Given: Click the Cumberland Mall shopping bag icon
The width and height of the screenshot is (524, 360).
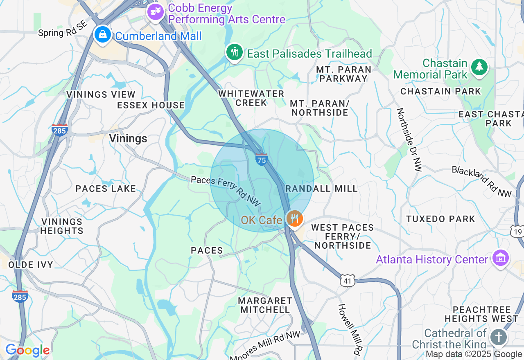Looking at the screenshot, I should [103, 35].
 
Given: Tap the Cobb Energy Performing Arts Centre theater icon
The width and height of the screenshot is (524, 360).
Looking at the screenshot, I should [155, 12].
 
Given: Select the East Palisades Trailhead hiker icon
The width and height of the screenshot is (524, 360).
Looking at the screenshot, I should [234, 53].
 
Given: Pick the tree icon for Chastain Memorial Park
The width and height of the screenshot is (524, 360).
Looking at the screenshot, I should [479, 67].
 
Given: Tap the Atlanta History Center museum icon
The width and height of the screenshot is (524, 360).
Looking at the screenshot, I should [500, 259].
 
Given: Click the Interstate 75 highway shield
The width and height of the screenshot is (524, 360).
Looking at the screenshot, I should [261, 160].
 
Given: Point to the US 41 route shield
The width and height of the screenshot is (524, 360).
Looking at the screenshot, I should [347, 281].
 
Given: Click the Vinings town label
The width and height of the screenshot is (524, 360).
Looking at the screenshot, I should [128, 139].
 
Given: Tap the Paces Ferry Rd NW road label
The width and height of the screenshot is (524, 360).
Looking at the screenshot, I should [226, 191].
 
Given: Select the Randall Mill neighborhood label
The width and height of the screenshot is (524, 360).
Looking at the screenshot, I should [321, 189].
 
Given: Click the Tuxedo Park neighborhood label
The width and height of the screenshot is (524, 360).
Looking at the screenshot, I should [440, 219].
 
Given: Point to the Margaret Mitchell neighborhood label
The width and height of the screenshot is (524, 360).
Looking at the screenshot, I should [265, 305].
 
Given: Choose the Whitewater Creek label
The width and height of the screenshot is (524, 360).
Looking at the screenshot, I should [251, 98].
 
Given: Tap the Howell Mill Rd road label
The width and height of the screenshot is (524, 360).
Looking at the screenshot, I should [350, 329].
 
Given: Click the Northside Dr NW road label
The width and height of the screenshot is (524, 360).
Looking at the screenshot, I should [408, 139].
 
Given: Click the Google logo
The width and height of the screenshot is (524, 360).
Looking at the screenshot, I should [27, 351].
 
